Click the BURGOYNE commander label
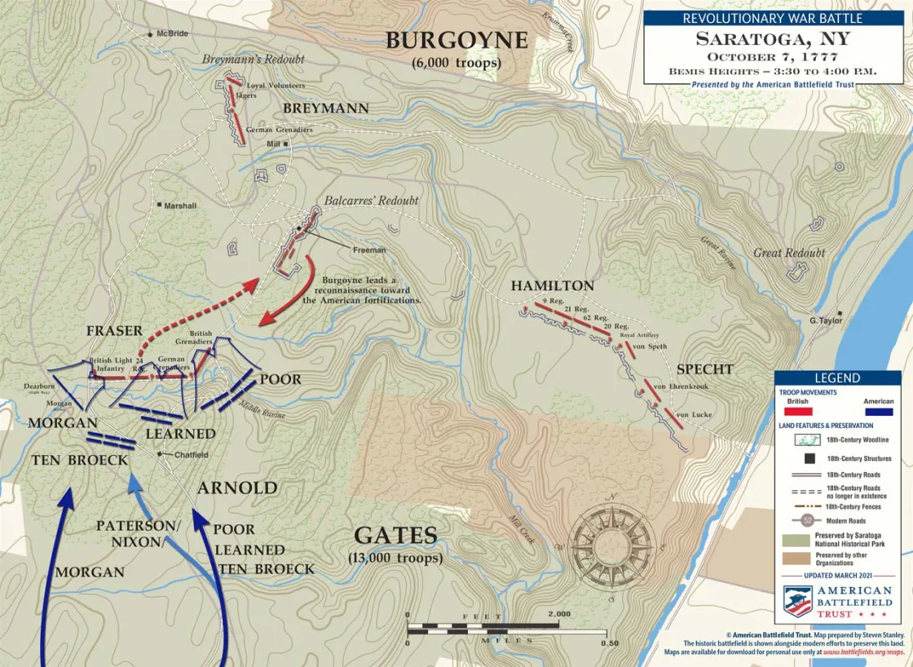(457, 41)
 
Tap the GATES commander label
(395, 536)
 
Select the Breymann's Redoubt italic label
(254, 60)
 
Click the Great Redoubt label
(788, 253)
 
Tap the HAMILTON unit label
(552, 286)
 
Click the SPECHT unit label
(704, 369)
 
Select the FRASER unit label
(115, 331)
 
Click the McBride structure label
(172, 34)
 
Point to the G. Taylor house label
(825, 320)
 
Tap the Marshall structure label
(179, 206)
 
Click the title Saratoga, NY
(772, 38)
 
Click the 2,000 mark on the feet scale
(559, 614)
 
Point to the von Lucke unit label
(695, 415)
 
